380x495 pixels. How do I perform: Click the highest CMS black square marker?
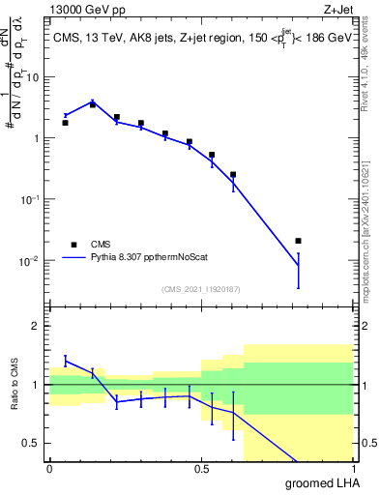click(x=92, y=103)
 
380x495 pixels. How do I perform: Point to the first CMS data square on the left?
click(x=65, y=123)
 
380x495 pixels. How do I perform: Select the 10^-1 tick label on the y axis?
click(x=29, y=199)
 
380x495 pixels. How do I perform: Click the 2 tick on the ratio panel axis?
click(x=38, y=326)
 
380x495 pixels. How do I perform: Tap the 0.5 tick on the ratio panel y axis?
click(x=34, y=443)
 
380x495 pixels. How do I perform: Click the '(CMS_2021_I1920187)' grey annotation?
click(x=200, y=289)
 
